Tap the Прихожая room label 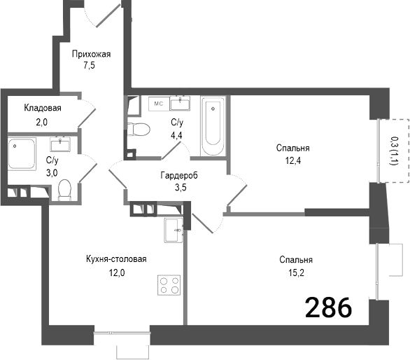point(92,54)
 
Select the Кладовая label point(43,108)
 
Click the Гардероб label point(178,176)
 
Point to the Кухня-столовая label point(116,259)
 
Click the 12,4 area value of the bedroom point(292,161)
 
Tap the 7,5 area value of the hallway point(88,67)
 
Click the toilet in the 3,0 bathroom point(65,188)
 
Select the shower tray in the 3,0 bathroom point(23,153)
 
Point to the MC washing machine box point(159,103)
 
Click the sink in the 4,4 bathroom point(184,103)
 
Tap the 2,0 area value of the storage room point(42,120)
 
